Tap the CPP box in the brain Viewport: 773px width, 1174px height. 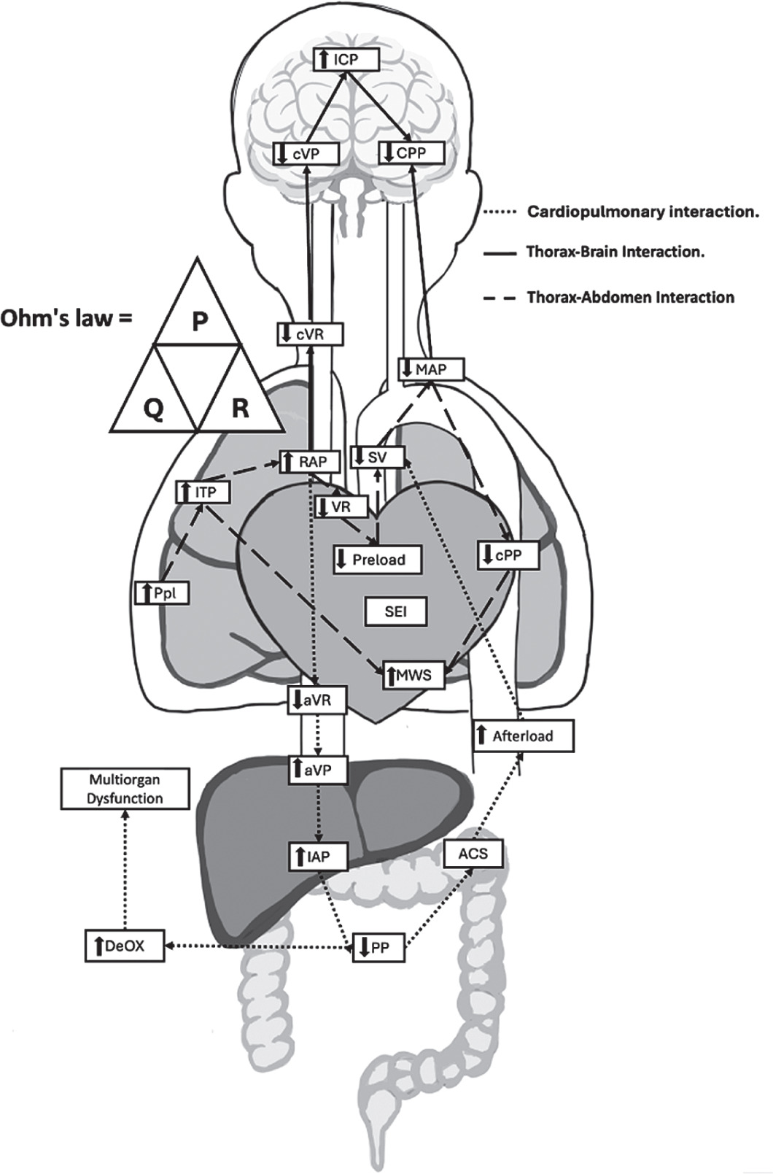click(412, 152)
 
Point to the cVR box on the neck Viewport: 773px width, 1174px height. click(310, 334)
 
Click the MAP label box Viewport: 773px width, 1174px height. click(432, 369)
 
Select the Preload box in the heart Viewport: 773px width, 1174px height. click(377, 560)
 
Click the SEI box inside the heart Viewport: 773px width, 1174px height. click(395, 611)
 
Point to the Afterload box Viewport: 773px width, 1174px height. click(523, 736)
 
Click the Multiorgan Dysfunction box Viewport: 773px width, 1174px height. click(125, 789)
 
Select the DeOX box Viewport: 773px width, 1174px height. click(123, 946)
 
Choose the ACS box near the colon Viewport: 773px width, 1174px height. click(473, 853)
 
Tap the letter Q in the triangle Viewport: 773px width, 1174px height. click(153, 410)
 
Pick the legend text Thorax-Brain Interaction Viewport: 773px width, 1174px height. click(615, 252)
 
